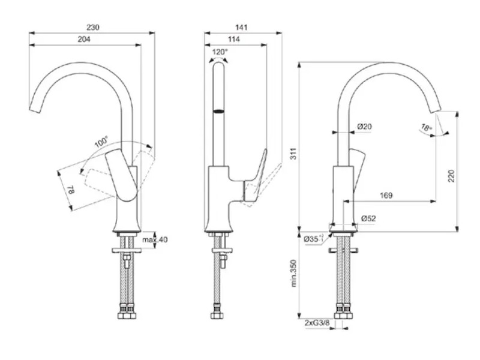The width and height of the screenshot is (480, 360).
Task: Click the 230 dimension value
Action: click(x=92, y=27)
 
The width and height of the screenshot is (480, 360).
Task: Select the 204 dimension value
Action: click(x=85, y=39)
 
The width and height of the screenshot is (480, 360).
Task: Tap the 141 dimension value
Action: click(x=242, y=27)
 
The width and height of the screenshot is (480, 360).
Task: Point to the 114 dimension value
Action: click(x=235, y=39)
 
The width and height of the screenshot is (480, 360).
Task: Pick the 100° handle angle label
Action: click(x=101, y=143)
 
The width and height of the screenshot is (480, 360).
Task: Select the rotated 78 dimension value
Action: click(x=71, y=190)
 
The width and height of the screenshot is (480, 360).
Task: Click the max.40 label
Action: click(x=155, y=240)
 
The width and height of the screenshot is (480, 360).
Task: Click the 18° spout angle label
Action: click(x=426, y=128)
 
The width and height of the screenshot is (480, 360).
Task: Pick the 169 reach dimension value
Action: click(x=386, y=196)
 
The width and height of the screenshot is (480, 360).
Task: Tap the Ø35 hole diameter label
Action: click(x=312, y=239)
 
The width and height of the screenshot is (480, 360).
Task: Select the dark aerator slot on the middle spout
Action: click(x=219, y=112)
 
